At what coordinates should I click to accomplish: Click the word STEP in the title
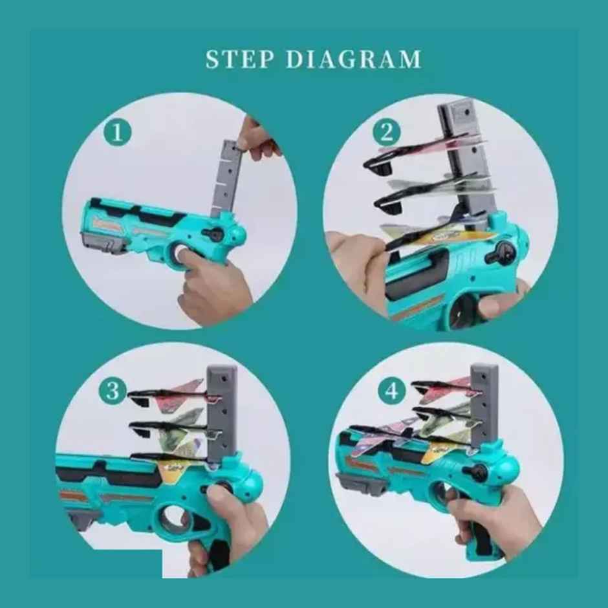[x=239, y=60]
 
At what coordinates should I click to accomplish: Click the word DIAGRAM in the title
[x=353, y=60]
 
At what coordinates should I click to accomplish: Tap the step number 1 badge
[x=117, y=132]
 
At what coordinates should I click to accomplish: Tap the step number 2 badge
[x=387, y=132]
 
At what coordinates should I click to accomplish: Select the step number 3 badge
[x=113, y=391]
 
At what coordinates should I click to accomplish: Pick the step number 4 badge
[x=392, y=391]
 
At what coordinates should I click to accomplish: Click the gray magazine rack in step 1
[x=226, y=179]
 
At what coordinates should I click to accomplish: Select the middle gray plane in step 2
[x=434, y=193]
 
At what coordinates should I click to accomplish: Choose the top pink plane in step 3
[x=174, y=395]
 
